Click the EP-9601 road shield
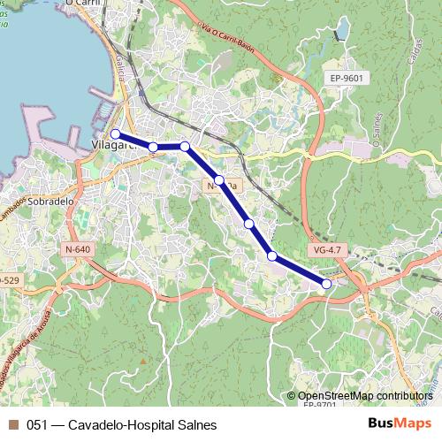click(x=347, y=78)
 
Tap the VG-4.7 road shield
click(x=326, y=250)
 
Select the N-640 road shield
click(x=78, y=249)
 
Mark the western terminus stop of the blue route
click(x=115, y=134)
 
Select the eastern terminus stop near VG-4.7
click(x=326, y=284)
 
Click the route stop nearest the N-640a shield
click(x=218, y=179)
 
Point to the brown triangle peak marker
click(x=141, y=361)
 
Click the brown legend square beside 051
click(x=13, y=425)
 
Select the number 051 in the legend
click(x=37, y=425)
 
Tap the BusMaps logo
click(x=400, y=424)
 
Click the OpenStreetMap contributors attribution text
click(x=365, y=397)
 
